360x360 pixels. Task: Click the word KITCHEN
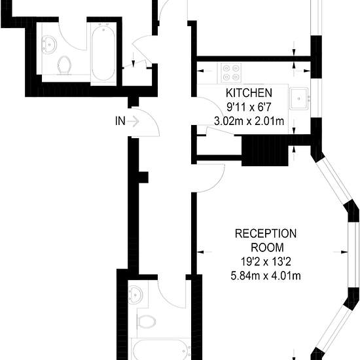(249, 93)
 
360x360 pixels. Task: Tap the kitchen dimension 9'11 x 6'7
(249, 107)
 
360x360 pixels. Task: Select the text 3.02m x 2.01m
(249, 121)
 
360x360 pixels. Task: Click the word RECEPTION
(266, 234)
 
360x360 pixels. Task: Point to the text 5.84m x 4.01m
(266, 276)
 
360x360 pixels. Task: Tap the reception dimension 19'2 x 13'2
(266, 262)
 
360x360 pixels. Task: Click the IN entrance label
(120, 121)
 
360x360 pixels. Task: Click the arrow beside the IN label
(133, 121)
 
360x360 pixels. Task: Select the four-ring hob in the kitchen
(231, 72)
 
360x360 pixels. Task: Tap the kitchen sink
(298, 98)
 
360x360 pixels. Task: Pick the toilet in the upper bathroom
(64, 65)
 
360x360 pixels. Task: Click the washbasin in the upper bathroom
(49, 45)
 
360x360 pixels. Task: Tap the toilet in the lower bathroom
(146, 321)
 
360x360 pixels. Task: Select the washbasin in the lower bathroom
(135, 295)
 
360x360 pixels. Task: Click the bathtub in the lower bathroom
(162, 350)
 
